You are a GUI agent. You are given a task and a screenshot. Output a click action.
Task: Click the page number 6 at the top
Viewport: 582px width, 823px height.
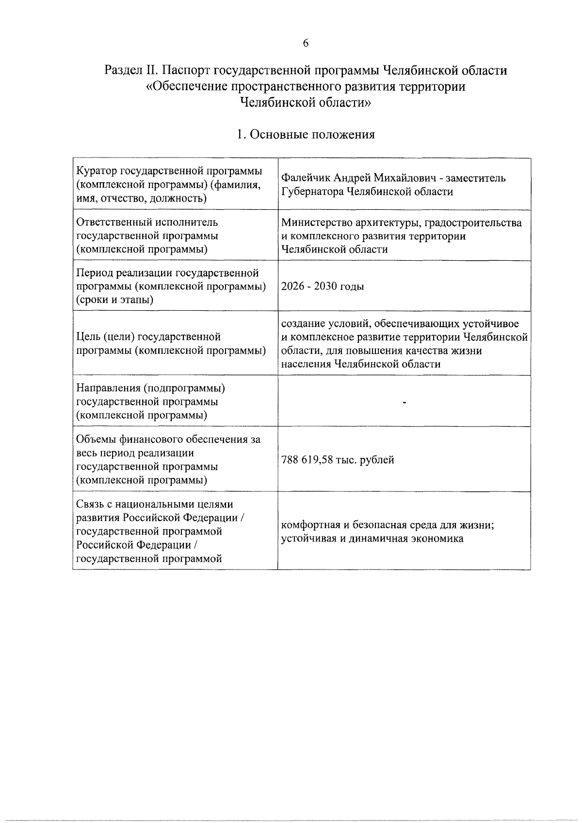306,43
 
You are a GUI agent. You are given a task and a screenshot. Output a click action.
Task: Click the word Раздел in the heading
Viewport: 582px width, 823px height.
125,71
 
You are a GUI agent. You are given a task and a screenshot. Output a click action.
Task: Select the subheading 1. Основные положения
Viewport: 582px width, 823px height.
306,134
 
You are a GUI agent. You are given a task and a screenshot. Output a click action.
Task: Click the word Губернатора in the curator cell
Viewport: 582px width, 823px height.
312,191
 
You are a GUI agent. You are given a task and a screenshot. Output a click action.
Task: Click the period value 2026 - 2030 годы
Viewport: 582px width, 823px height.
323,286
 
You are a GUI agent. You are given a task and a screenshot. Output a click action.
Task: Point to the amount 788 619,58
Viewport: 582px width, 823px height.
307,459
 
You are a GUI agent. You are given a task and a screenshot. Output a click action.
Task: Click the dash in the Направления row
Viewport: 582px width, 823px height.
404,402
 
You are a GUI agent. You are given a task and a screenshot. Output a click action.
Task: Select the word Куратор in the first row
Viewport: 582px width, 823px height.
97,171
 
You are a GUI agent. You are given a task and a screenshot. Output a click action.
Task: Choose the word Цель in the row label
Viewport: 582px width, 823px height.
87,336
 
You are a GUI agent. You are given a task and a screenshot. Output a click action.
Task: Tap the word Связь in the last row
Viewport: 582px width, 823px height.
90,505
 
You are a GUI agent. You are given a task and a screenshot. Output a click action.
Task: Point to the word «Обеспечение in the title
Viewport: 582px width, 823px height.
184,87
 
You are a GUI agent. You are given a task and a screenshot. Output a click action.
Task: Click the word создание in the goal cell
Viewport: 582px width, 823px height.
302,323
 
